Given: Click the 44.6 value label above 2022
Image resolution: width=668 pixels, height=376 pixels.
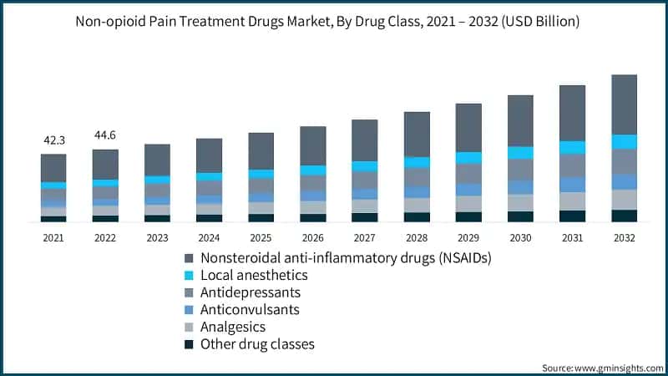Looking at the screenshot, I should (x=105, y=136).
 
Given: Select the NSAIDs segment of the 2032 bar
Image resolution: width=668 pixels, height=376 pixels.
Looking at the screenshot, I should (x=624, y=104).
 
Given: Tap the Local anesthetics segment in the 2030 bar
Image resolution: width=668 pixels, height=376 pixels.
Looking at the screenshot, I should (x=520, y=152).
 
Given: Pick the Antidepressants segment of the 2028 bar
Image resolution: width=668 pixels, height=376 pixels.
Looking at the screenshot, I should (x=417, y=176).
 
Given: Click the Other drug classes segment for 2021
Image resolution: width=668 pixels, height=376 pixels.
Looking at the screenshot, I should (x=53, y=218).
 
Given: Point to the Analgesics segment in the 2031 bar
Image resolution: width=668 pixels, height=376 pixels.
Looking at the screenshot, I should (x=572, y=201).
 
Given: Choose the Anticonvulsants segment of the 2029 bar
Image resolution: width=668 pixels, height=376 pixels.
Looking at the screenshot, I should (x=468, y=190).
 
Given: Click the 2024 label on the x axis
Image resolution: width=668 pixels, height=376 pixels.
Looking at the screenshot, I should (x=209, y=238).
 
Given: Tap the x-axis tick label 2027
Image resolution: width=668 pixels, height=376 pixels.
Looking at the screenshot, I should (x=365, y=238).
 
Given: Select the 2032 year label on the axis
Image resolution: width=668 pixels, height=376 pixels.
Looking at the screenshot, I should (x=624, y=238).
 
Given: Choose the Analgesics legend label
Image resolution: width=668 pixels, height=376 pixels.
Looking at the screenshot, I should (x=233, y=327).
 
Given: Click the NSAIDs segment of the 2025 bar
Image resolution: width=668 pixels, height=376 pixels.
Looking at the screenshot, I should (x=261, y=150).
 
